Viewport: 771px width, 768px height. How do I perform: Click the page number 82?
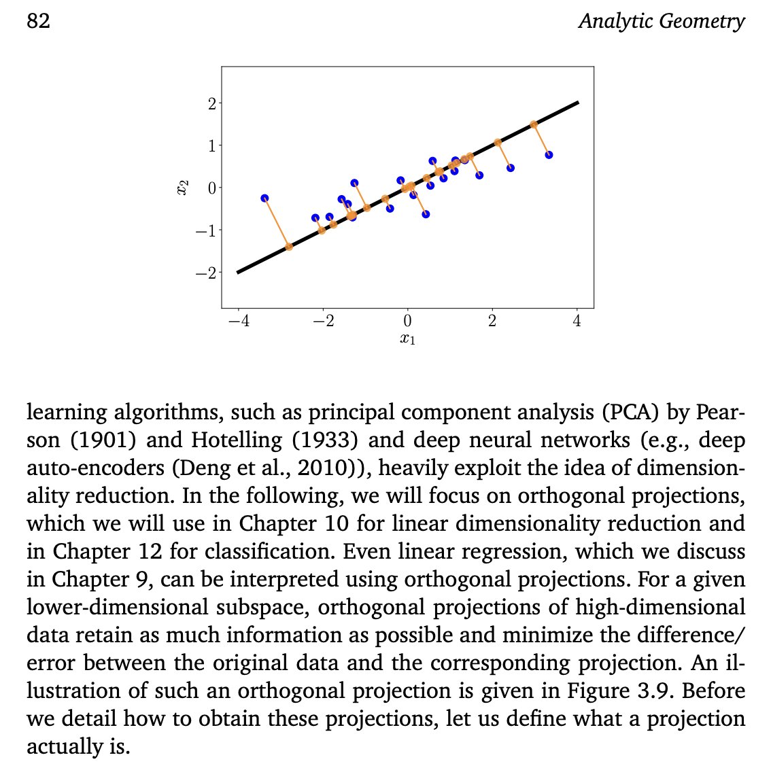click(x=38, y=21)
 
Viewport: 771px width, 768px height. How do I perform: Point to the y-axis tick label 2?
click(x=211, y=103)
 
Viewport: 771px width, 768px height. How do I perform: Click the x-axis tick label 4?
click(x=577, y=321)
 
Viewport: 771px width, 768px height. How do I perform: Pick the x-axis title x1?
click(x=407, y=338)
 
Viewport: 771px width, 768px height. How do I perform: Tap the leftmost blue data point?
click(x=264, y=198)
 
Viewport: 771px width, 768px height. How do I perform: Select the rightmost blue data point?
click(x=549, y=155)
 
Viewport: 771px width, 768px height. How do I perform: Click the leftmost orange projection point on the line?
click(x=289, y=247)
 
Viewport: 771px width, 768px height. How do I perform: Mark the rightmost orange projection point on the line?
click(x=534, y=124)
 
